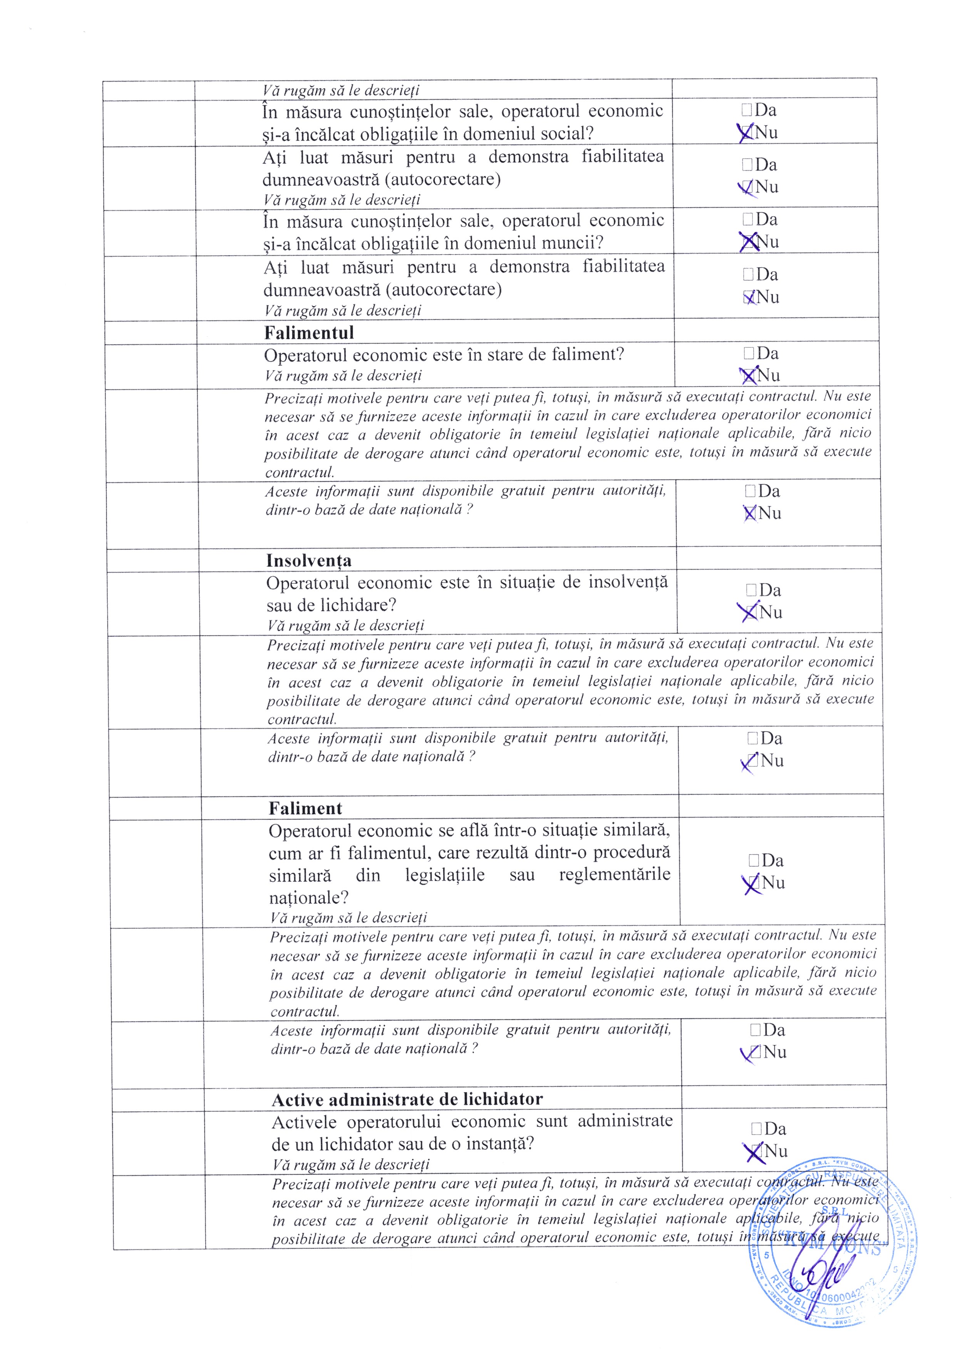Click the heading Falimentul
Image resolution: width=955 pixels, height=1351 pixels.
pyautogui.click(x=309, y=333)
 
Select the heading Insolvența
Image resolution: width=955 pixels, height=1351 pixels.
pyautogui.click(x=309, y=561)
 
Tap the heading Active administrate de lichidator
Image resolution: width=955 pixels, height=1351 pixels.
pyautogui.click(x=407, y=1100)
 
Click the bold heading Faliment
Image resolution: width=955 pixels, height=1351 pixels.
pyautogui.click(x=305, y=808)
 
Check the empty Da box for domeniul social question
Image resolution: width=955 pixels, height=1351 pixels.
pyautogui.click(x=747, y=110)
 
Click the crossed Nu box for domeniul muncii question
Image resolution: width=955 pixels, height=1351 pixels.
pyautogui.click(x=748, y=242)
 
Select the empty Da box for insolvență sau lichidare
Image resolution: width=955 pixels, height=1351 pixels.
pyautogui.click(x=751, y=590)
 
